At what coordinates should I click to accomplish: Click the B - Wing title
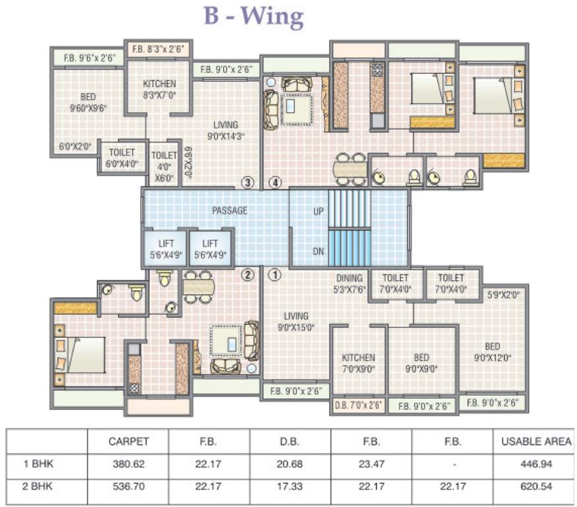coord(254,17)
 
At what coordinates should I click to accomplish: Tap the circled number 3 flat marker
coord(247,183)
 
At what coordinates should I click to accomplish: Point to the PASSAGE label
coord(229,211)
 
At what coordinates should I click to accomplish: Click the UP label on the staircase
coord(318,211)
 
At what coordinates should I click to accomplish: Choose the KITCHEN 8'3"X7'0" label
coord(159,89)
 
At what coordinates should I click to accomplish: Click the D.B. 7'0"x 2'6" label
coord(358,405)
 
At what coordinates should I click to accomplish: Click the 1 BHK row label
coord(38,464)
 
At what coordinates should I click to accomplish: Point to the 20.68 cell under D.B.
coord(289,464)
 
